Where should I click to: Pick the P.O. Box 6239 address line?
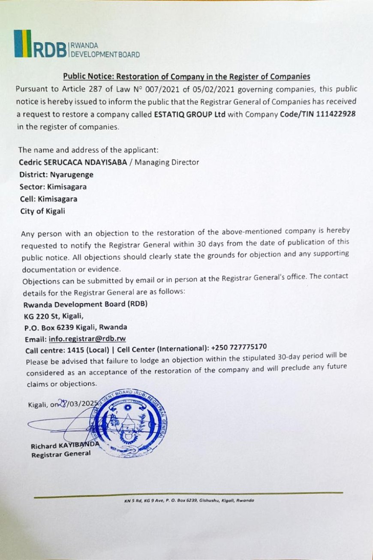point(75,327)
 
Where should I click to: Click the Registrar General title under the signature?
point(61,455)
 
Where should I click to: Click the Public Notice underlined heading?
point(186,77)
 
